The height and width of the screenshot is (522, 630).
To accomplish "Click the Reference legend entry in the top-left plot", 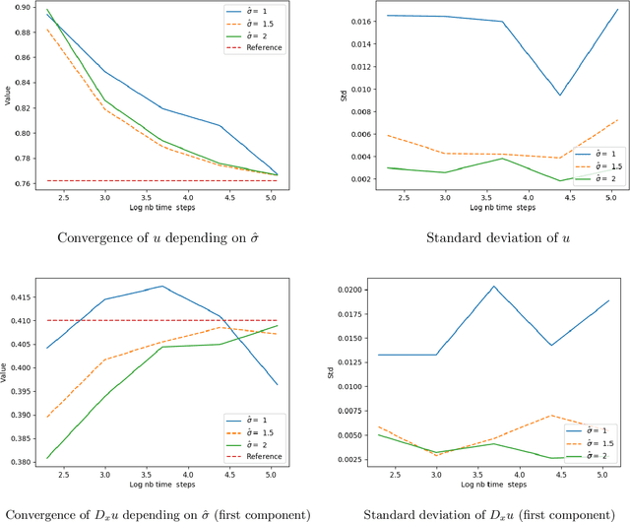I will click(258, 47).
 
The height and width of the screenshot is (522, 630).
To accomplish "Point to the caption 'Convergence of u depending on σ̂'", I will click(164, 238).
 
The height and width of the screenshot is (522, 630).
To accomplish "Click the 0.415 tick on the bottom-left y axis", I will click(18, 295).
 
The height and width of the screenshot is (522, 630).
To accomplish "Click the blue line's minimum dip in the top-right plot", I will click(559, 96).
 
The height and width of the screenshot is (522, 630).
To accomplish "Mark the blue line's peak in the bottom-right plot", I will click(494, 287).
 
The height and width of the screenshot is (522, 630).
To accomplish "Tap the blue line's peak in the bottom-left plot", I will click(162, 287).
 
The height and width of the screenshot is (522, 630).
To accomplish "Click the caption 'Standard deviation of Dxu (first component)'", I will click(486, 513).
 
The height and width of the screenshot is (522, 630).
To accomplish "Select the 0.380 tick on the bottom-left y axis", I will click(18, 460).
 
